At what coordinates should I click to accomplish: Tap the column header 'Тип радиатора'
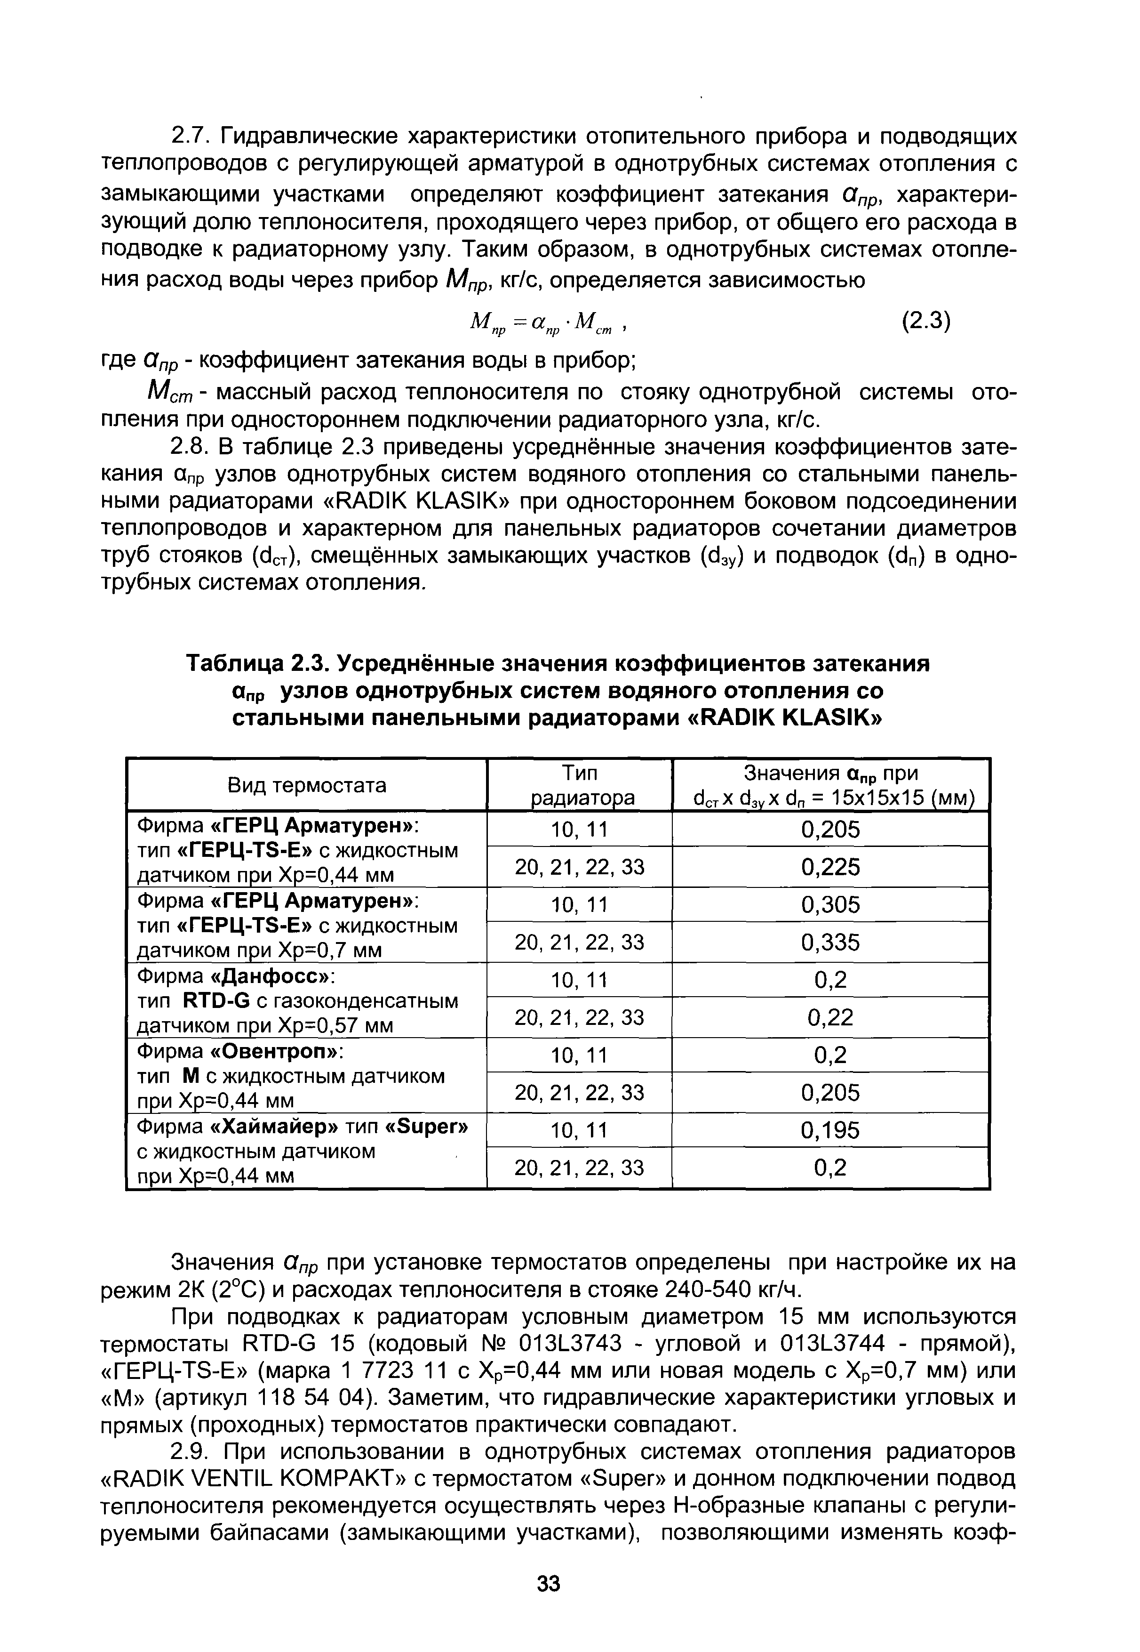point(579,785)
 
